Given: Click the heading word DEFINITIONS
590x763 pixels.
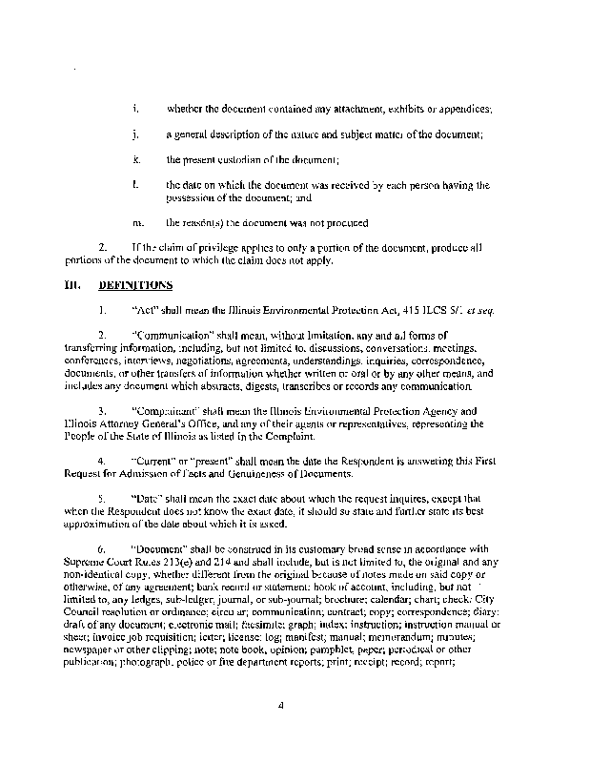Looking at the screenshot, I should tap(135, 284).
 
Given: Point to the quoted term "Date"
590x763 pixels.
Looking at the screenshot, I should tap(149, 498).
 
